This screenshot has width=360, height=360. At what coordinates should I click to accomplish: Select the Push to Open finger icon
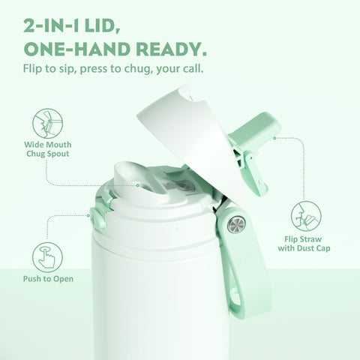click(46, 255)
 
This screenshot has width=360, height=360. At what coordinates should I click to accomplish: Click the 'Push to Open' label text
click(46, 285)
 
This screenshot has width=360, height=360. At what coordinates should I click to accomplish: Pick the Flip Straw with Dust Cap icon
click(307, 214)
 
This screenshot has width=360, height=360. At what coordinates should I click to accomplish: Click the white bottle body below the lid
click(150, 300)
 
